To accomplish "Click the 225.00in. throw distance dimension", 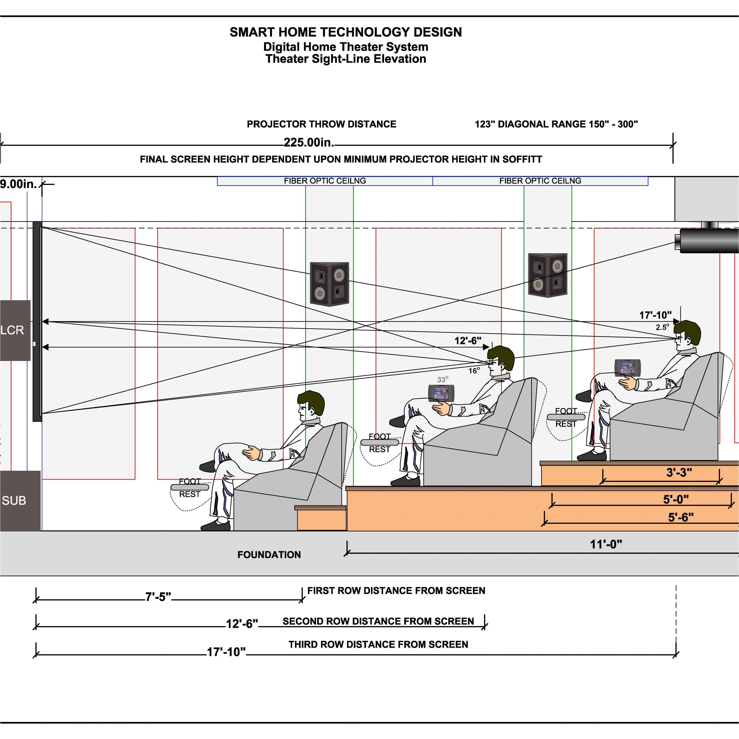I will coord(309,143).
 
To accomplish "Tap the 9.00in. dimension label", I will coord(18,184).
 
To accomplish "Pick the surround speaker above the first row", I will coord(329,284).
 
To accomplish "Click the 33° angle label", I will coord(443,379).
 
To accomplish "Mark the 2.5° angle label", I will coord(662,327).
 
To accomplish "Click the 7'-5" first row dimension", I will coord(158,597).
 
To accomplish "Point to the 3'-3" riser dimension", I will coord(679,472).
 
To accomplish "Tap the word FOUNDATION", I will coord(269,555).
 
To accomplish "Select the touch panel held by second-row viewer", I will coord(441,393).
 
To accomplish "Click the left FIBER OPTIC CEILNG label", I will coord(325,181).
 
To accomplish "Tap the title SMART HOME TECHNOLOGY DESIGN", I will coord(345,32).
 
